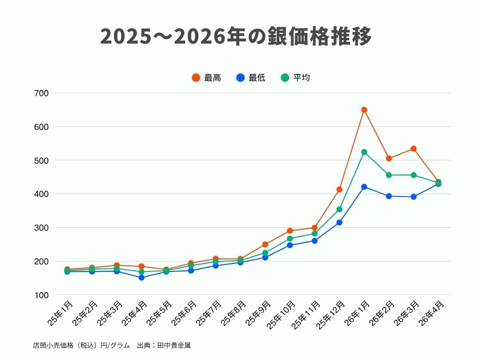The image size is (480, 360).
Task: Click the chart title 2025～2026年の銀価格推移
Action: [236, 37]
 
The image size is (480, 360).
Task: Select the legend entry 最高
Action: [206, 78]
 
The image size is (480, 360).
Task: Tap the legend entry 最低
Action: [251, 78]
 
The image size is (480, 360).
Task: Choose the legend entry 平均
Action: [295, 78]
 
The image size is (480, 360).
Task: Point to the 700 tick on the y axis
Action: [42, 93]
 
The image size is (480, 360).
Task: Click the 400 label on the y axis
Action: [42, 194]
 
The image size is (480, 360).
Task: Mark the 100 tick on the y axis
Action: [42, 295]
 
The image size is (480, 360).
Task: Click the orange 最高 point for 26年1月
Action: [364, 110]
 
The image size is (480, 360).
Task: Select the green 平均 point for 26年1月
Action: [364, 152]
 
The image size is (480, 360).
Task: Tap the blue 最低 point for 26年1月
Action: [364, 187]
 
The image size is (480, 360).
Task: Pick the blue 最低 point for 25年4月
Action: [142, 277]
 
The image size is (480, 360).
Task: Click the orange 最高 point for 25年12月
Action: [339, 189]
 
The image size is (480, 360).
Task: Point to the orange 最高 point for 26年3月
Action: [413, 149]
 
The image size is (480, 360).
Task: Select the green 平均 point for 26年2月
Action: [389, 175]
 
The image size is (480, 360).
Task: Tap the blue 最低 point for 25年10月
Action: [290, 245]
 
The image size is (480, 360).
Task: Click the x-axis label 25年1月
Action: [60, 314]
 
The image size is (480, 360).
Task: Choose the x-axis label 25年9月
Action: [258, 314]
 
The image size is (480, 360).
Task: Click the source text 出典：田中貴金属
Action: [164, 345]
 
